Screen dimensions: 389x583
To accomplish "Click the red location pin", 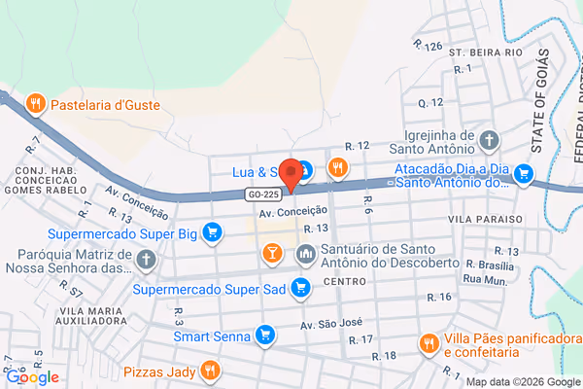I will [290, 168].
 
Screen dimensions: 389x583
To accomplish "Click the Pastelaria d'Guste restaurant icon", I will [36, 103].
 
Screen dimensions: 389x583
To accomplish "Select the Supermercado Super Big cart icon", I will [213, 233].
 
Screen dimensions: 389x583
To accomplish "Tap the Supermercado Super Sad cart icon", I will [301, 288].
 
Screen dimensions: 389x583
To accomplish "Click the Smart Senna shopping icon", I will [263, 336].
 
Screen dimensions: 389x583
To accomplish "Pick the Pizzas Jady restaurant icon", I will [209, 370].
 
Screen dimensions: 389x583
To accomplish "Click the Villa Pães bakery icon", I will [428, 343].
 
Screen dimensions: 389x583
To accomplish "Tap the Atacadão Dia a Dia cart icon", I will [523, 174].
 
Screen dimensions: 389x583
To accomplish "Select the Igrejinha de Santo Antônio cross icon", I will [489, 142].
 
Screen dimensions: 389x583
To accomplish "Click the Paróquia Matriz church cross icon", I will [146, 260].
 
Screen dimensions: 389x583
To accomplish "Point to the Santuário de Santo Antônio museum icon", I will [306, 254].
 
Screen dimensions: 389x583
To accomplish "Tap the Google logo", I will [32, 377].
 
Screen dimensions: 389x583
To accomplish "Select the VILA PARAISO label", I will [486, 220].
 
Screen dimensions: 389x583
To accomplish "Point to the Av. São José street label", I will [330, 324].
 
